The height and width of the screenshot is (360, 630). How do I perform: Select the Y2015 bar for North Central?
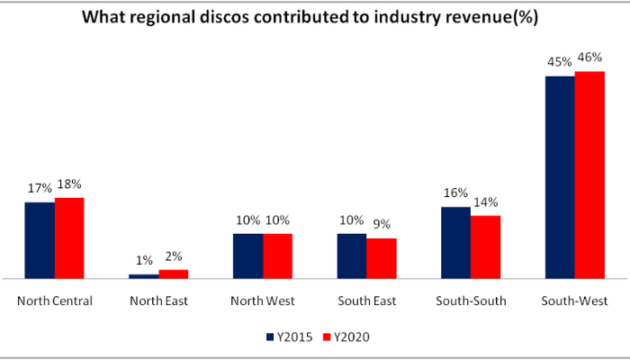click(x=40, y=240)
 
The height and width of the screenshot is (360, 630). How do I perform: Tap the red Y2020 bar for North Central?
click(x=69, y=238)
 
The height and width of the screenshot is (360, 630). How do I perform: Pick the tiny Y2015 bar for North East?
click(x=144, y=275)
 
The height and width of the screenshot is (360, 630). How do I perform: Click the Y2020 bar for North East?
click(x=174, y=274)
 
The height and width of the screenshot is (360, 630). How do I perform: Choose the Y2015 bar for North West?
click(x=247, y=256)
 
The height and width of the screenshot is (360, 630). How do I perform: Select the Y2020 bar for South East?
click(x=382, y=258)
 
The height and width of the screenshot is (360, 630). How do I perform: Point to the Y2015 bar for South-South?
click(x=455, y=243)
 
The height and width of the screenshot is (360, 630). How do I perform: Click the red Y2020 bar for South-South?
click(x=485, y=247)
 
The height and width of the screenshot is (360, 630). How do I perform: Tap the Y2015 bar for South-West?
click(x=560, y=177)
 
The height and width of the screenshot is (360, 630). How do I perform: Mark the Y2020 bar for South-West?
click(x=589, y=175)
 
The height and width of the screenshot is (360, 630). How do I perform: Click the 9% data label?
click(x=382, y=225)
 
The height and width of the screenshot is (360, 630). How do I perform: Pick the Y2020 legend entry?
click(x=346, y=337)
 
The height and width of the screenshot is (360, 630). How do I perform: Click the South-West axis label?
click(x=574, y=301)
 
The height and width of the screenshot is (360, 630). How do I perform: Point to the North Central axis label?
click(x=55, y=301)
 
